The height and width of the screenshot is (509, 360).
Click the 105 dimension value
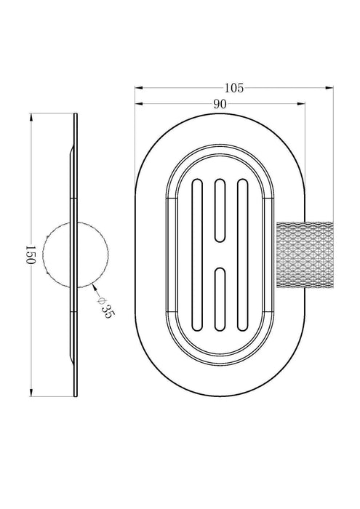pyautogui.click(x=233, y=88)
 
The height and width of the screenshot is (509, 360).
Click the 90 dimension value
pyautogui.click(x=220, y=104)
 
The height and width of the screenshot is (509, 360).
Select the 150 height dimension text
pyautogui.click(x=30, y=254)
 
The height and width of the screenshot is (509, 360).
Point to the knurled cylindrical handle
pyautogui.click(x=305, y=254)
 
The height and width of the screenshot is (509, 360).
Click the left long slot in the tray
pyautogui.click(x=197, y=254)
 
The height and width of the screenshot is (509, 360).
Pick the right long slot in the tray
pyautogui.click(x=242, y=254)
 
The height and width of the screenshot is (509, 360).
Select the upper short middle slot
pyautogui.click(x=220, y=210)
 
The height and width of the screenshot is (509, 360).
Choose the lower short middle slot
pyautogui.click(x=220, y=300)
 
